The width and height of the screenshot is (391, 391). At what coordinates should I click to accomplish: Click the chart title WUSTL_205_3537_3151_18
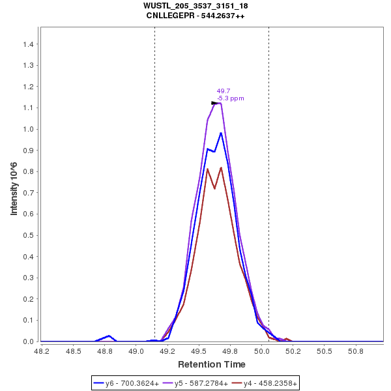tap(195, 6)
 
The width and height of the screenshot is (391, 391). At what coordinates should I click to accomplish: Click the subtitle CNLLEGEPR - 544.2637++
tap(195, 16)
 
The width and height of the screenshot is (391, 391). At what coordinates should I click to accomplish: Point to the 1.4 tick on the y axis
tap(29, 44)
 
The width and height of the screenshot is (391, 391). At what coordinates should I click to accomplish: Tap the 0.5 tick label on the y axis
tap(29, 235)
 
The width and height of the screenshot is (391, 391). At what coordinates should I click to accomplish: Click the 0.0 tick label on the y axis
tap(29, 341)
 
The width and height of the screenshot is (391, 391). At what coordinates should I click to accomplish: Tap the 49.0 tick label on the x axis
tap(136, 352)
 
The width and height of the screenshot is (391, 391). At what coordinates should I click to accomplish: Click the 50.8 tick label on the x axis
tap(355, 352)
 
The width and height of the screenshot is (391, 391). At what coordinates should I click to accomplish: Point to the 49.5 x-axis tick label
tap(199, 352)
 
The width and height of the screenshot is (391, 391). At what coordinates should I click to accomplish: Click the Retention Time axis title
tap(212, 364)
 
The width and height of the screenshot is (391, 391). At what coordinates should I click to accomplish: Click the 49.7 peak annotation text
tap(223, 91)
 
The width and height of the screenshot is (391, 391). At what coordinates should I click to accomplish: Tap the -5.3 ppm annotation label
tap(231, 98)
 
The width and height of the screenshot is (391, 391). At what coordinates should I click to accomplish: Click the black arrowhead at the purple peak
tap(215, 103)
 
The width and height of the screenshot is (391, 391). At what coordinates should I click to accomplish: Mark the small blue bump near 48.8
tap(109, 336)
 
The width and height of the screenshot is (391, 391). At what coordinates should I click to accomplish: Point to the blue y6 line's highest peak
tap(221, 133)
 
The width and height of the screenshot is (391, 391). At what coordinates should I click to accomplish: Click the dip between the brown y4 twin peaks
tap(214, 188)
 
